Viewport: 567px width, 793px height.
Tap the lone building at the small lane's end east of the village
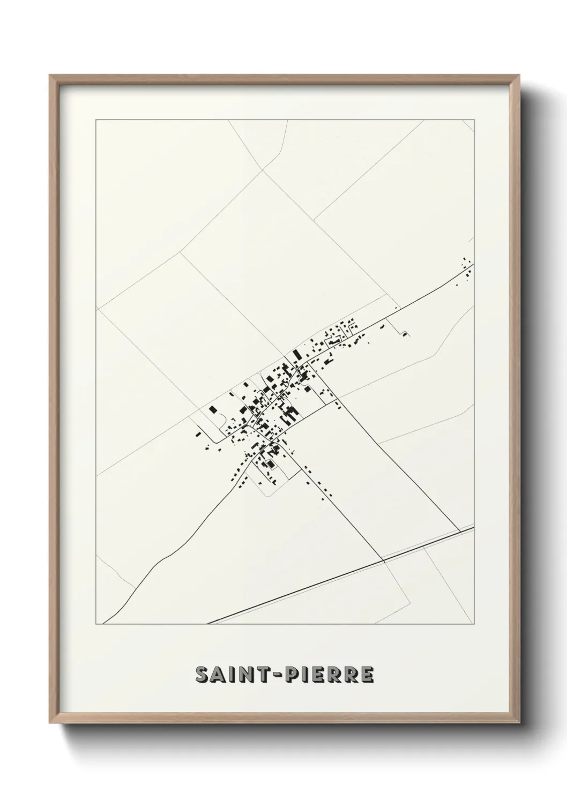[405, 334]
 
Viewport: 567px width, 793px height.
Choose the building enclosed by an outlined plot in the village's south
[270, 463]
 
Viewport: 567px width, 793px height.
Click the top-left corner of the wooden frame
[50, 76]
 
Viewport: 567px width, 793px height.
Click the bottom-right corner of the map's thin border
[475, 625]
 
